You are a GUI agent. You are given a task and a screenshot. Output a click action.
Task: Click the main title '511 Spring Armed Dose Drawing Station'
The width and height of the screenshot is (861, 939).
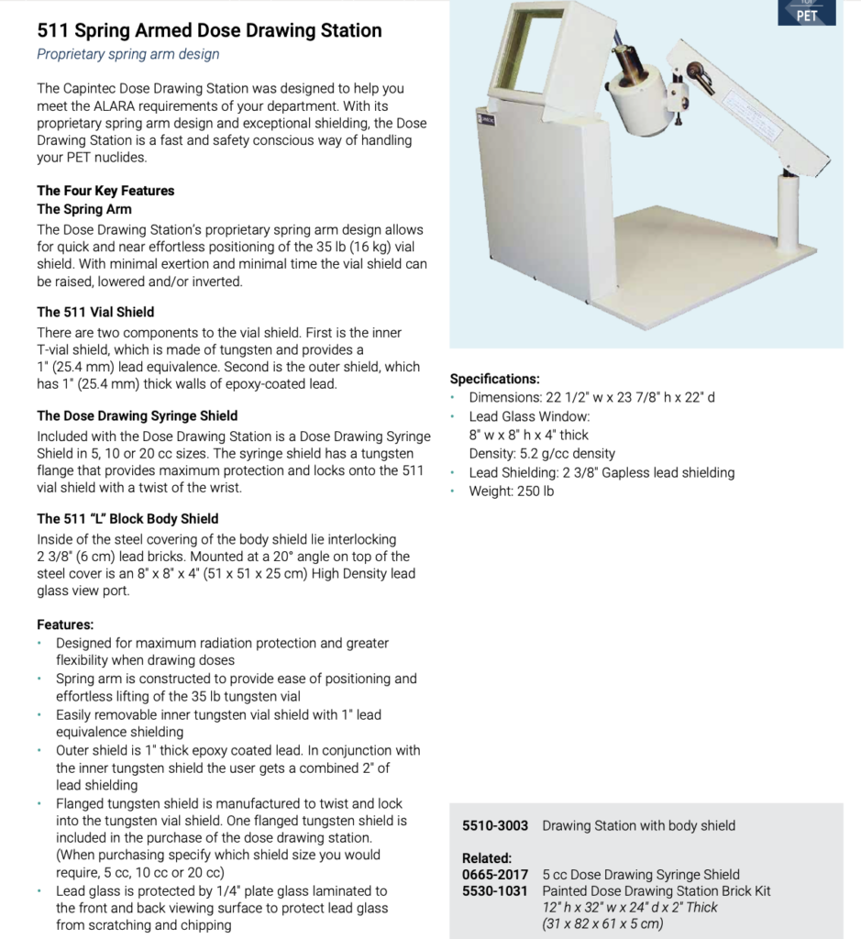[x=209, y=30]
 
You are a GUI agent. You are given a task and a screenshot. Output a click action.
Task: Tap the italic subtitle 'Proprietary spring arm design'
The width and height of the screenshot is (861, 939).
[x=128, y=54]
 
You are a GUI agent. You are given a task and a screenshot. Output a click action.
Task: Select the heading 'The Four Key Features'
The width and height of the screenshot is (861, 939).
[x=105, y=191]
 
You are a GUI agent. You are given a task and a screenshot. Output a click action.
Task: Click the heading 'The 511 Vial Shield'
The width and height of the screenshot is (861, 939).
[x=95, y=312]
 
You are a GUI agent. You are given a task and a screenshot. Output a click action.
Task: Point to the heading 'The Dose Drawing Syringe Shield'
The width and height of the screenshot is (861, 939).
[x=137, y=415]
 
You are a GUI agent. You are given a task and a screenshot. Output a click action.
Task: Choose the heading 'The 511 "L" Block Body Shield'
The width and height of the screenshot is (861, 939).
[x=127, y=518]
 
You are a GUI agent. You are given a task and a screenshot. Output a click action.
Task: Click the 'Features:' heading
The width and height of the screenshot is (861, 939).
[x=65, y=624]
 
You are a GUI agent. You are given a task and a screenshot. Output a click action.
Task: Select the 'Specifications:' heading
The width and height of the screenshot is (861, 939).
[x=495, y=379]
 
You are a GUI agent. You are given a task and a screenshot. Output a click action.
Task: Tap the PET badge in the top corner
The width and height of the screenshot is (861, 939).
[x=805, y=14]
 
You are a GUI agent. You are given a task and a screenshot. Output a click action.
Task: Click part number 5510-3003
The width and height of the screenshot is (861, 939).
[x=495, y=825]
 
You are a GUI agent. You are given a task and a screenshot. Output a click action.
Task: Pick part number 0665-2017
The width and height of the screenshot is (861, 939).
[x=495, y=874]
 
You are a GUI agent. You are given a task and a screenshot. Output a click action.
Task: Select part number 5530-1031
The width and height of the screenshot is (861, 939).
[x=495, y=890]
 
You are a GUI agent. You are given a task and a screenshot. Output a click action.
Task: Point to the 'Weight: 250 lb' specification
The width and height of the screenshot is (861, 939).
[x=512, y=491]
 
